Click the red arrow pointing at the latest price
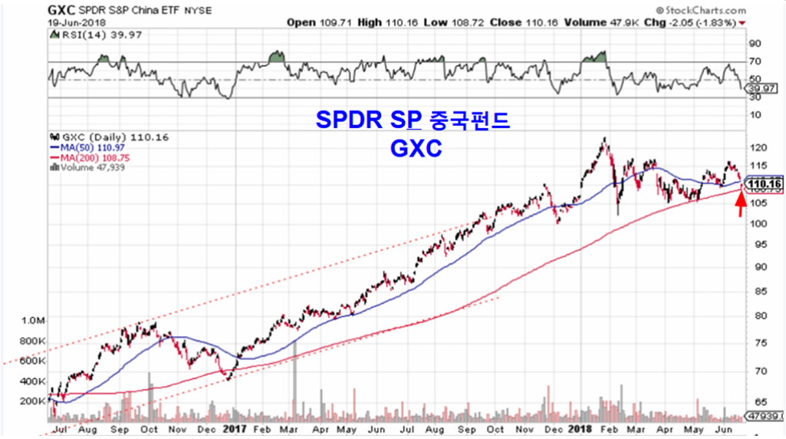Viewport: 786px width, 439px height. (x=740, y=205)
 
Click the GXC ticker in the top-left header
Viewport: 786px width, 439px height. (x=63, y=10)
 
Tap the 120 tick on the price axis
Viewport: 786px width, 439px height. (x=760, y=147)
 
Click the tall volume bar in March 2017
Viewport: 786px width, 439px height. (x=294, y=376)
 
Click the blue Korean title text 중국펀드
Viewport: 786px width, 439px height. (x=476, y=121)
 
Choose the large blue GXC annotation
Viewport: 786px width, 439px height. (x=415, y=149)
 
